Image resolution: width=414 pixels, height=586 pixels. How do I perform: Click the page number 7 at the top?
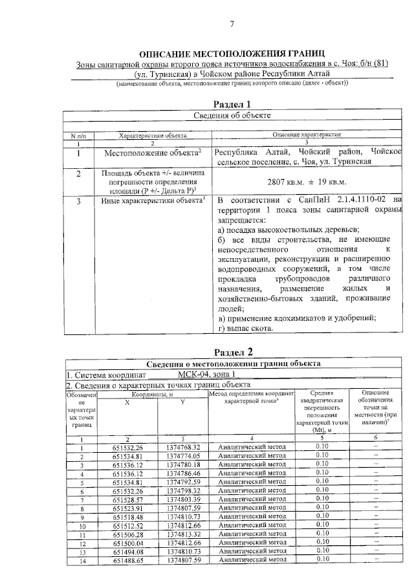(232, 25)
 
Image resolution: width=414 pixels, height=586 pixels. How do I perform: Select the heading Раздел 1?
(232, 104)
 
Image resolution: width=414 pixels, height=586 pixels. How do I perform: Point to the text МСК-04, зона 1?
(208, 374)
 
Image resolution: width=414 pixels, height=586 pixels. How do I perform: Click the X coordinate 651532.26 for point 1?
(127, 447)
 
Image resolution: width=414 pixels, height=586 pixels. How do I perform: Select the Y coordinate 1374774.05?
(183, 456)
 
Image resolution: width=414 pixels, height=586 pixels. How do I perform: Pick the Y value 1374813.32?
(183, 535)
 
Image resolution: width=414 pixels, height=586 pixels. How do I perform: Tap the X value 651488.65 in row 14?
(127, 561)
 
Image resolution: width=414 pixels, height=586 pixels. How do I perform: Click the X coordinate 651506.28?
(127, 535)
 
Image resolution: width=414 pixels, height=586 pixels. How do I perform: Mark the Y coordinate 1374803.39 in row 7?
(183, 500)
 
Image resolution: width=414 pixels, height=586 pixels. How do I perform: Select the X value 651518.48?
(127, 517)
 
